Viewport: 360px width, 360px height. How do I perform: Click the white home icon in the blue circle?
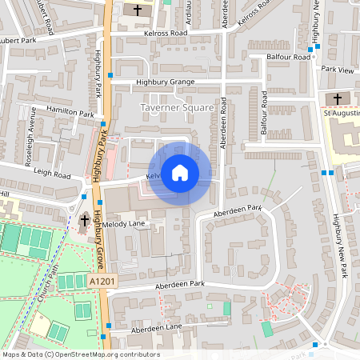click(180, 173)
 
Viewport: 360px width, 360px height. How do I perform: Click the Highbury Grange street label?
click(166, 82)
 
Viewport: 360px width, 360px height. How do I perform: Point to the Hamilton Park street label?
click(70, 114)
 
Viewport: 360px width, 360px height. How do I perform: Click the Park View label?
click(337, 70)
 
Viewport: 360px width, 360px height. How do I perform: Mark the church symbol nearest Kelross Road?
click(138, 10)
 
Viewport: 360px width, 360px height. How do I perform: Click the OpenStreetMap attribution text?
click(81, 354)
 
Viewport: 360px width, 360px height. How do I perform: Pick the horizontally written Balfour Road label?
click(290, 58)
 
